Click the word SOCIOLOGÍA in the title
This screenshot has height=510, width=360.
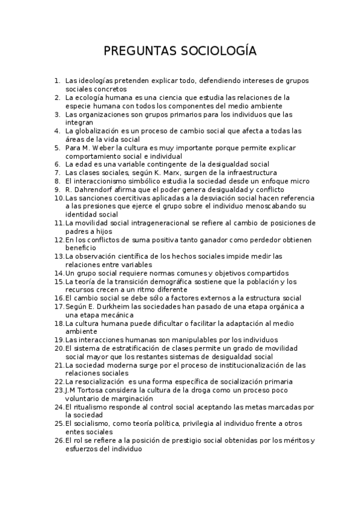pyautogui.click(x=218, y=51)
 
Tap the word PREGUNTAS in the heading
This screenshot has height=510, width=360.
pyautogui.click(x=140, y=51)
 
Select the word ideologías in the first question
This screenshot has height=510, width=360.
pyautogui.click(x=97, y=80)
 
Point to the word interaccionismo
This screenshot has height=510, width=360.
pyautogui.click(x=107, y=181)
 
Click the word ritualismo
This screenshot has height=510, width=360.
pyautogui.click(x=92, y=407)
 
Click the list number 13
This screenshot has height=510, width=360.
pyautogui.click(x=59, y=256)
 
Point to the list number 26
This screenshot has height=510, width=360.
pyautogui.click(x=59, y=440)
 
